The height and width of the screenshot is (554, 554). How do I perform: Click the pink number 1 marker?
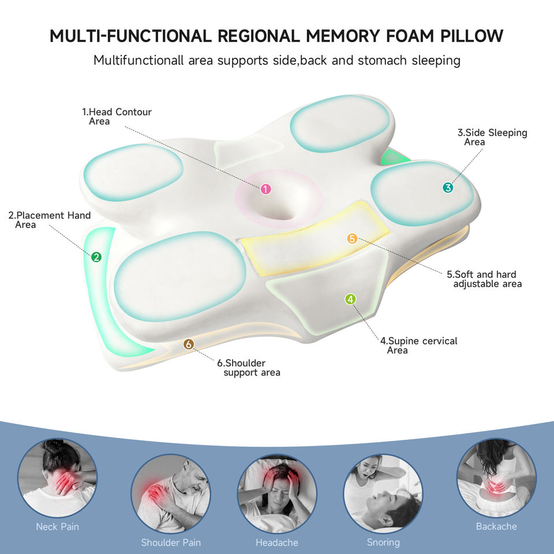pos(265,189)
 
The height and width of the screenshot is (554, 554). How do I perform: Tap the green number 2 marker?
pos(96,257)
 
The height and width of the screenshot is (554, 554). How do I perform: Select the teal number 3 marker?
pos(448,188)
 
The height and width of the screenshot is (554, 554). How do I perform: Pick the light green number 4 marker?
pos(350,299)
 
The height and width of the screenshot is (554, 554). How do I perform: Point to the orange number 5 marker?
pos(352,238)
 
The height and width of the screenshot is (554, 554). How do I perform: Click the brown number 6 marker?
pos(188,345)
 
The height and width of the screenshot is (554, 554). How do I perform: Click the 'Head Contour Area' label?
pos(117,116)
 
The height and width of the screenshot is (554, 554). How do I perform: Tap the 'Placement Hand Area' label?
pos(50,220)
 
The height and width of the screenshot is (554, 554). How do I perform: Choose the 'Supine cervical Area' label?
pos(418,345)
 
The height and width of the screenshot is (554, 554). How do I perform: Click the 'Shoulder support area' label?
pos(249,368)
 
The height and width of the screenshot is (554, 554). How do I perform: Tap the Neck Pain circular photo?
pos(57,477)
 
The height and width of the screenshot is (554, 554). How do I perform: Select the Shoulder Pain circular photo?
pos(171,494)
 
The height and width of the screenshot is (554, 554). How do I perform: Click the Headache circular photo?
pos(277,493)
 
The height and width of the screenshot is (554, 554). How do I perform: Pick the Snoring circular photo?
pos(383,493)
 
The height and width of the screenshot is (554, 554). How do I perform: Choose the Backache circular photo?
pos(496,477)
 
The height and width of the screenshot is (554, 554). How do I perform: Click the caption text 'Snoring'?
pos(383,542)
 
